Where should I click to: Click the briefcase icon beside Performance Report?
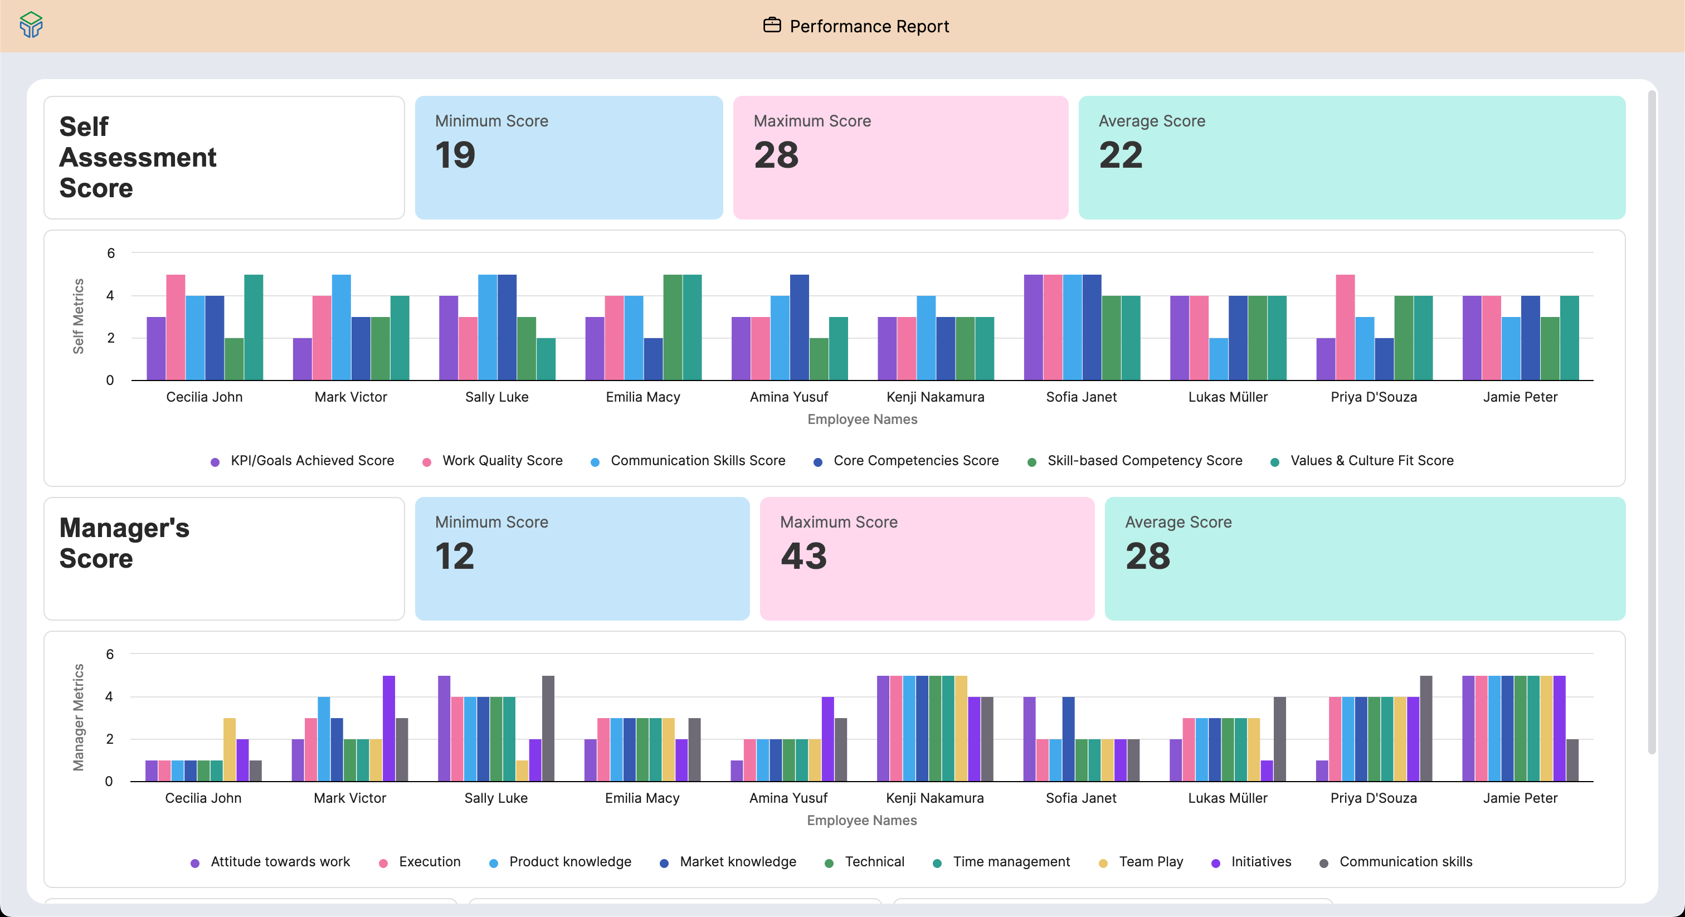point(772,26)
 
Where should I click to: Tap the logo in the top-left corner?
point(31,25)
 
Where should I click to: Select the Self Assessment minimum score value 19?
point(455,155)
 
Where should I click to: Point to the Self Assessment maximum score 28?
point(776,155)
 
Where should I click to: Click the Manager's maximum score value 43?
point(804,556)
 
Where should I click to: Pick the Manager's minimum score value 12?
point(455,556)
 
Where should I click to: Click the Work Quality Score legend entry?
point(501,461)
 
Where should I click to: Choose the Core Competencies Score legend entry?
point(915,461)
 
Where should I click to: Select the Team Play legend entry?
point(1151,861)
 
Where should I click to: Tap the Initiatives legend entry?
point(1260,861)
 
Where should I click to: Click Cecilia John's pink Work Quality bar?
point(176,327)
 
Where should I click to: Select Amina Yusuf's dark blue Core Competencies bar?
point(800,327)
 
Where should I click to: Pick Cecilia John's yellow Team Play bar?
point(230,749)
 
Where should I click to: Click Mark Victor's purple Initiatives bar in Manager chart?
point(388,729)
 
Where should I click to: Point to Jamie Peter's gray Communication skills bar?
point(1572,760)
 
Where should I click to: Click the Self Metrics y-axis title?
point(79,316)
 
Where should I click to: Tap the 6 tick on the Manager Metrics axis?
point(110,654)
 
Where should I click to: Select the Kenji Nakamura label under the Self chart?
point(935,397)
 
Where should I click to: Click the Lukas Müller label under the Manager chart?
point(1227,798)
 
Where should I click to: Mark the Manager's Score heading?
point(124,543)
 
